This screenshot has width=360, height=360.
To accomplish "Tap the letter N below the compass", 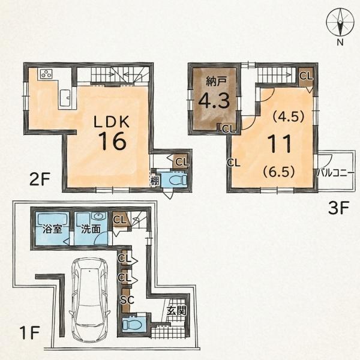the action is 340,42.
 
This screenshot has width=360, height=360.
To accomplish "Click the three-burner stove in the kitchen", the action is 46,74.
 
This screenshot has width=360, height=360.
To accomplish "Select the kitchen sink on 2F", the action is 65,98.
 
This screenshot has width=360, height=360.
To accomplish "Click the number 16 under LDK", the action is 112,141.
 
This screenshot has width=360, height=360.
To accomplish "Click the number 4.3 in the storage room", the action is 214,101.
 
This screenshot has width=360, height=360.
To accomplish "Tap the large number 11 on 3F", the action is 280,143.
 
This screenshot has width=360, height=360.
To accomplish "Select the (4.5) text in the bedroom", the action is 289,116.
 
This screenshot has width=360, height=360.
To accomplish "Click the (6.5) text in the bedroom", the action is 279,172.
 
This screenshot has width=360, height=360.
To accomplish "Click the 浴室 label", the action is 52,229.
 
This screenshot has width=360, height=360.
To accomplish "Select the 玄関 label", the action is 176,311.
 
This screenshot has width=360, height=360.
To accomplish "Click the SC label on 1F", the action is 127,299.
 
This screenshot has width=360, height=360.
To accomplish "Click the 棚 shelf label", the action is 155,181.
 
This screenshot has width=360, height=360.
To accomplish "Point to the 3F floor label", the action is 338,208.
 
